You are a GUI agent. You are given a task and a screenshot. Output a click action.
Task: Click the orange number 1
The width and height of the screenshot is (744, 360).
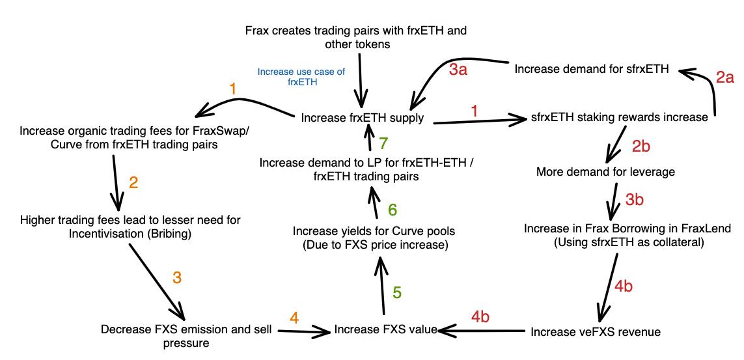[232, 89]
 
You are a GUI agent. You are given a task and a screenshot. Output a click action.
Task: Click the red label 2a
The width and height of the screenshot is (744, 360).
[725, 78]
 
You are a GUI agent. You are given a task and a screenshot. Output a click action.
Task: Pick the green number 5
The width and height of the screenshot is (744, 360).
[397, 292]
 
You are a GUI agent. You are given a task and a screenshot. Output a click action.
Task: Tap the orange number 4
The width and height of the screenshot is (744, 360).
[295, 318]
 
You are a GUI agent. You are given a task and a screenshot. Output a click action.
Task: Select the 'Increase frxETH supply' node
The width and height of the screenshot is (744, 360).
[363, 118]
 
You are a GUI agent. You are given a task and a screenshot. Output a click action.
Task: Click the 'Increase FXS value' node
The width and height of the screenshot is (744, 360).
[385, 330]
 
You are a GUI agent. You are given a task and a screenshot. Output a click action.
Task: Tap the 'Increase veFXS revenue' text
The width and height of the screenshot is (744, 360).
[595, 332]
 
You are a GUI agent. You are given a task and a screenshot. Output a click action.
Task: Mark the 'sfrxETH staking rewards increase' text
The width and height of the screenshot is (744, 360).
[618, 118]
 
